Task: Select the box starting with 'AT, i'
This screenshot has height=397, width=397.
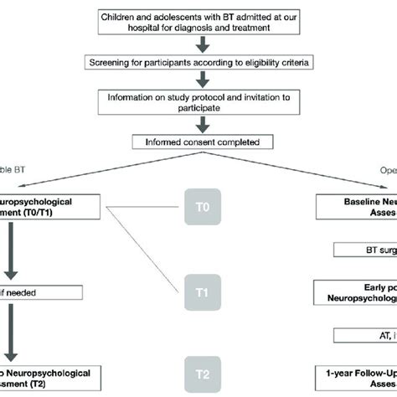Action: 367,335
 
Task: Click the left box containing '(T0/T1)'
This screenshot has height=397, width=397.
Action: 50,207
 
